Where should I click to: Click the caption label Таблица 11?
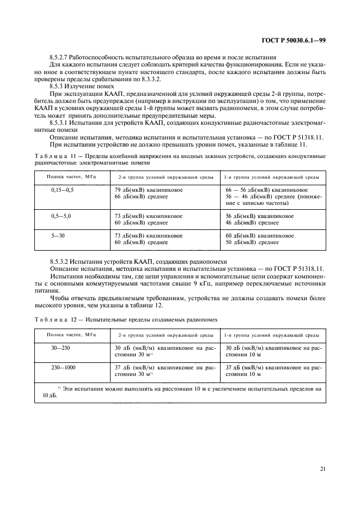click(54, 156)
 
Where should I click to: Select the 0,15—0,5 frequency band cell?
click(62, 189)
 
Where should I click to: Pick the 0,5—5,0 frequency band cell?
click(62, 216)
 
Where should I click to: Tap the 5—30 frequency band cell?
click(62, 235)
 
